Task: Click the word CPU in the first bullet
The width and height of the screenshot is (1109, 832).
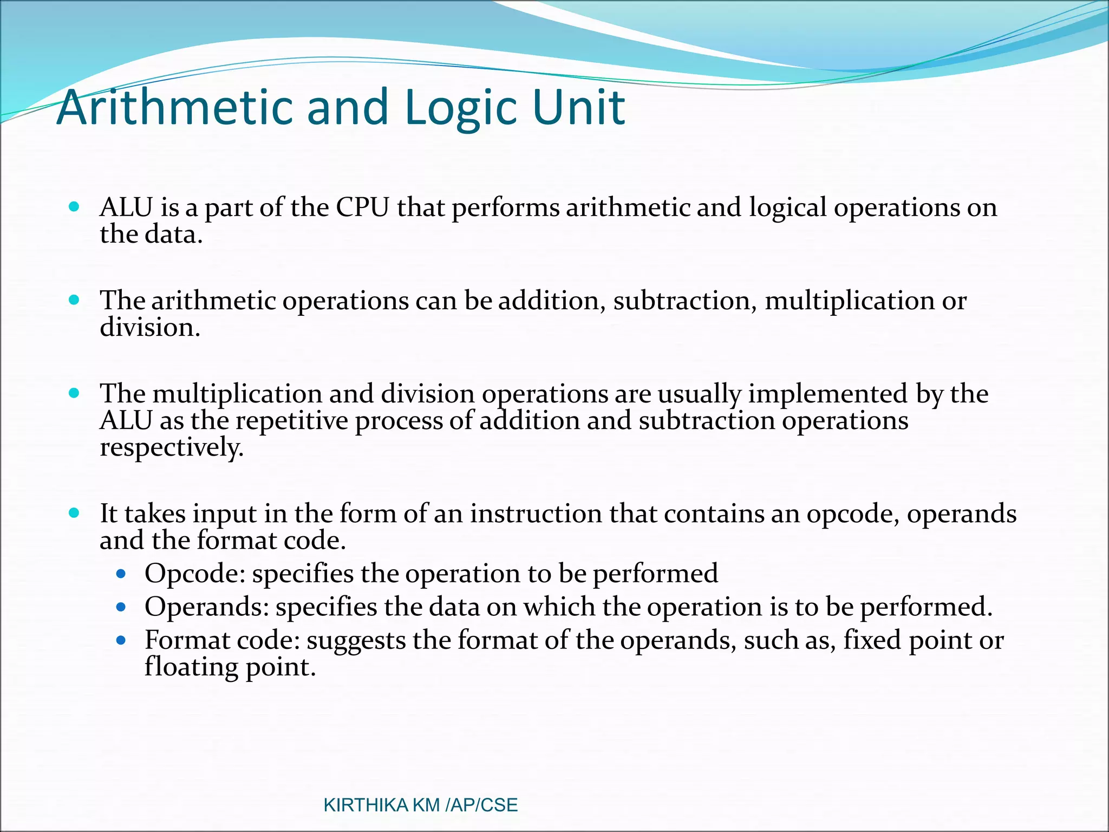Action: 362,207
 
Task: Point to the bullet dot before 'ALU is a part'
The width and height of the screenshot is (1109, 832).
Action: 75,206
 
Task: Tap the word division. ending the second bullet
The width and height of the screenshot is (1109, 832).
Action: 150,327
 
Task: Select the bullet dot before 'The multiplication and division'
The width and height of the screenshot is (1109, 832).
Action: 75,393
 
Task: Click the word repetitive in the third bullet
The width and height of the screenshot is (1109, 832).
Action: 292,421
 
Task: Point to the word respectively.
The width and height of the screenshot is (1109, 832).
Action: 172,448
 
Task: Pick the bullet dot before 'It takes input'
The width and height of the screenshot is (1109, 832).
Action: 75,512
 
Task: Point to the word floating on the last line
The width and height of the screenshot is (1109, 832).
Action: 191,667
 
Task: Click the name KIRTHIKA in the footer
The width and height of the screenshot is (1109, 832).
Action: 366,805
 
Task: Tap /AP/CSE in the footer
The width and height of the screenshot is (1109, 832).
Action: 481,805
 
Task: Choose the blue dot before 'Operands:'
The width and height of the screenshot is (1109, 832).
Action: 121,607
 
